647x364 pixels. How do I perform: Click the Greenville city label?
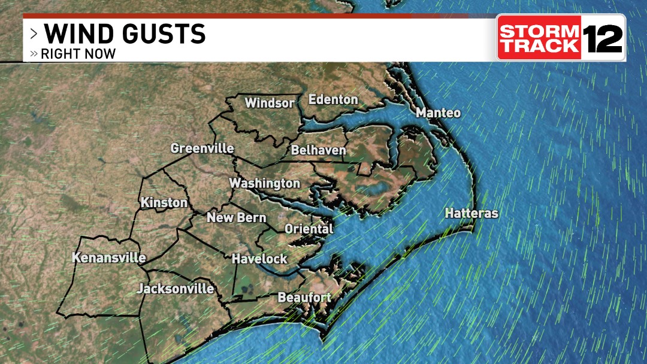click(x=202, y=148)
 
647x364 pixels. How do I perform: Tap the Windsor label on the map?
click(x=270, y=103)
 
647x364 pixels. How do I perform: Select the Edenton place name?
click(x=333, y=99)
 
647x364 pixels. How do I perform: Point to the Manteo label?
click(x=439, y=113)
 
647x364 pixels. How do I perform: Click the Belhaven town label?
click(x=319, y=151)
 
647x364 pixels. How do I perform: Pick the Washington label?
click(x=265, y=183)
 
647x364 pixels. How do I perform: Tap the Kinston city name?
click(x=164, y=203)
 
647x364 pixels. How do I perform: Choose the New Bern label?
click(x=237, y=217)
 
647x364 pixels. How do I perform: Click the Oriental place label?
click(x=309, y=229)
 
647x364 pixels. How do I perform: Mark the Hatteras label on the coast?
click(x=471, y=213)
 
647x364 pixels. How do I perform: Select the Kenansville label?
click(x=109, y=258)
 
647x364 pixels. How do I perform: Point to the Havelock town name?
click(x=260, y=259)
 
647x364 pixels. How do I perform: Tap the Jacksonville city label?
click(x=176, y=289)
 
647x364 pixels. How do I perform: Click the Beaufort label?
click(x=304, y=298)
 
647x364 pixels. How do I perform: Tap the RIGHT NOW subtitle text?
click(x=78, y=54)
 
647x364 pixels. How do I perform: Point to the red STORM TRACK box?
click(x=539, y=38)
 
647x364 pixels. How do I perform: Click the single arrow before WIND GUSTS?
click(x=34, y=34)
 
